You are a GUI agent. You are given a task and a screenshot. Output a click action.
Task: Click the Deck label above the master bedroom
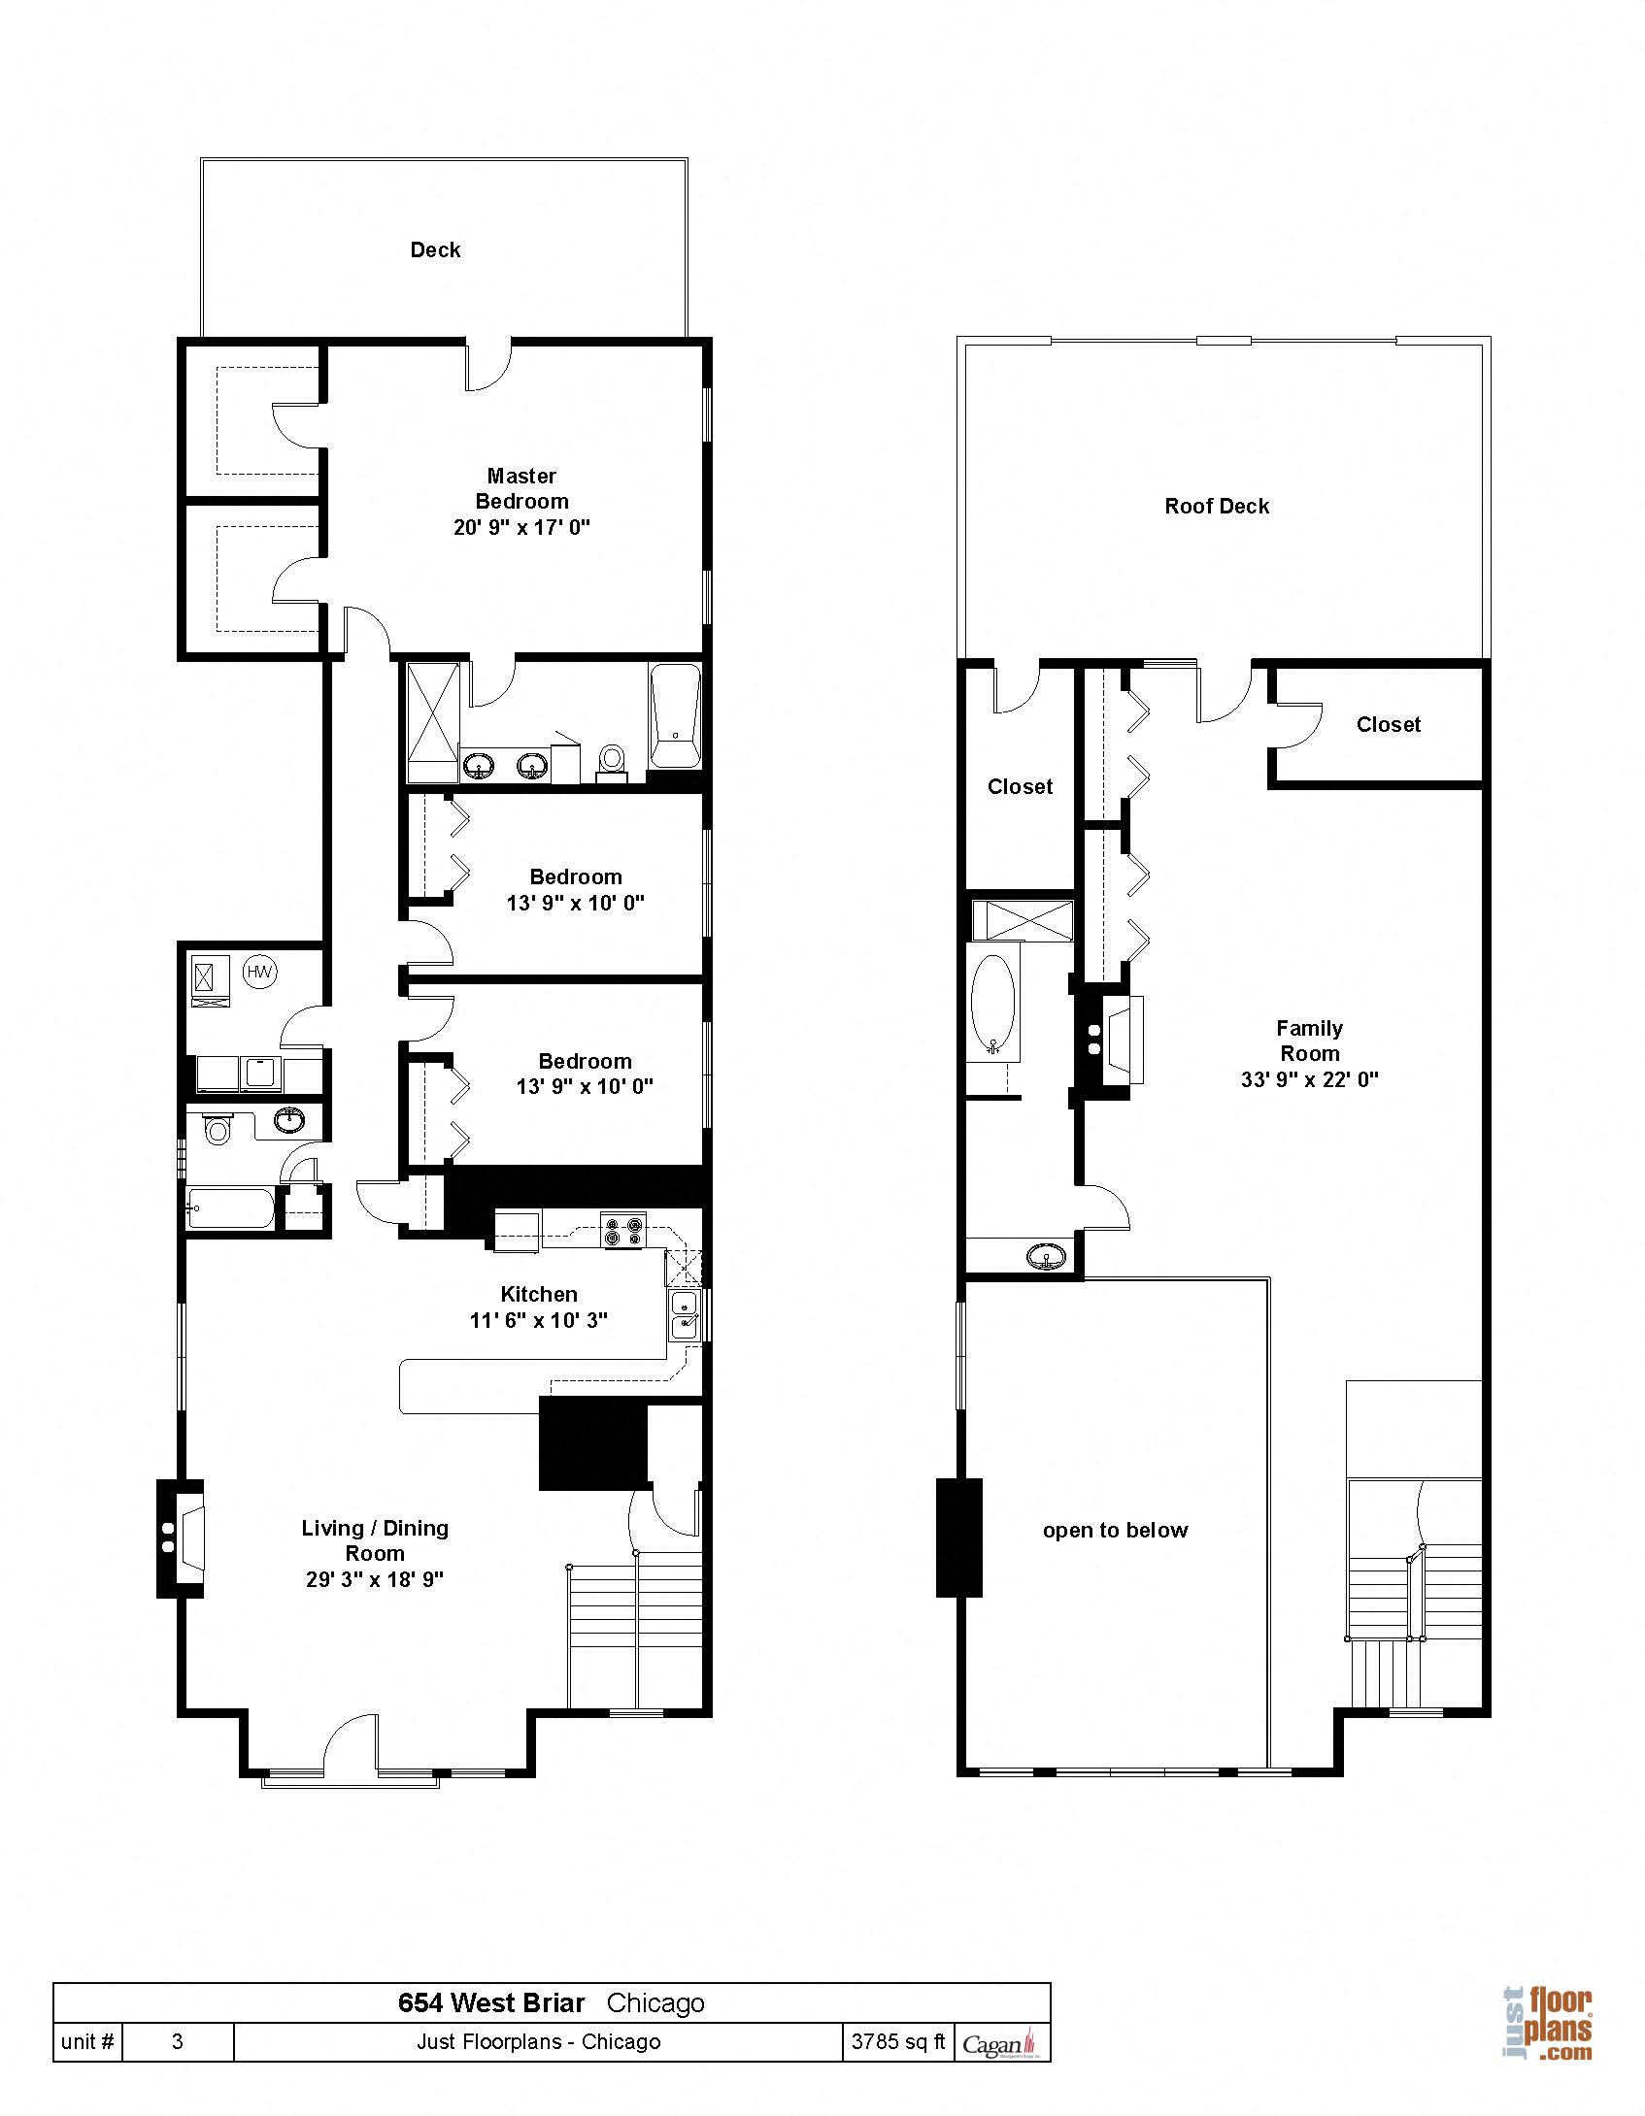click(435, 250)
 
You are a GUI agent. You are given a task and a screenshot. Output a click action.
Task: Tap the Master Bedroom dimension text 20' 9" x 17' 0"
click(521, 528)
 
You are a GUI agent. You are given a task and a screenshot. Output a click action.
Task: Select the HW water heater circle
click(259, 972)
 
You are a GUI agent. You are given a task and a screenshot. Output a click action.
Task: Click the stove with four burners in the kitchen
click(622, 1231)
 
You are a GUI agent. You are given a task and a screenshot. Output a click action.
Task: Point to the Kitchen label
click(539, 1294)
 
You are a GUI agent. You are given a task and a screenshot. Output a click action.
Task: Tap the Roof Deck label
click(1217, 506)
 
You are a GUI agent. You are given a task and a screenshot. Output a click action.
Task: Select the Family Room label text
click(1309, 1041)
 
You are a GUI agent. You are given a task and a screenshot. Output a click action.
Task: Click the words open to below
click(1115, 1531)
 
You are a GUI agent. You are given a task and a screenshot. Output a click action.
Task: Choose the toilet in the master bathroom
click(612, 758)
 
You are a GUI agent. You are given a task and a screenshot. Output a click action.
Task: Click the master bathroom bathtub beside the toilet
click(675, 715)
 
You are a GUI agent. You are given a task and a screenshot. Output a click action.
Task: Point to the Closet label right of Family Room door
click(1388, 724)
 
